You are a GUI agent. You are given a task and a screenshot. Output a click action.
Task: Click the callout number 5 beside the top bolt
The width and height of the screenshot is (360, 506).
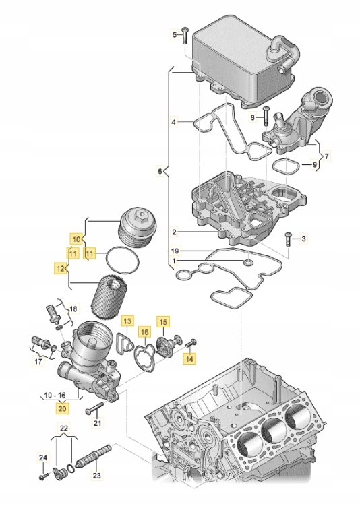[x=174, y=34]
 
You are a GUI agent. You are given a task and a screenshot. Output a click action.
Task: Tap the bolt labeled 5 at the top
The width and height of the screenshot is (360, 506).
[x=185, y=33]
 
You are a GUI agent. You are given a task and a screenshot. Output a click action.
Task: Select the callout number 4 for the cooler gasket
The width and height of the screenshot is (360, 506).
[x=173, y=123]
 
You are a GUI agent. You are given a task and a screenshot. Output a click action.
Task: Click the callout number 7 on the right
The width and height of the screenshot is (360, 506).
[x=327, y=156]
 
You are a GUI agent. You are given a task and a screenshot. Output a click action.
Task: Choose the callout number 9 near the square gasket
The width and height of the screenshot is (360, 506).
[x=314, y=165]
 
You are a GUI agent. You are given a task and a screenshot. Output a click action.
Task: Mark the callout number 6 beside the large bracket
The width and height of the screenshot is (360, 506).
[x=160, y=172]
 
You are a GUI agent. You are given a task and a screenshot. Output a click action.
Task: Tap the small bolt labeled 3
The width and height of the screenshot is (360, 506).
[x=289, y=238]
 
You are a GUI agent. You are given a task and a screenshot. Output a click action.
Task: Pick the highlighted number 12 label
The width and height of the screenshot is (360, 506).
[x=60, y=268]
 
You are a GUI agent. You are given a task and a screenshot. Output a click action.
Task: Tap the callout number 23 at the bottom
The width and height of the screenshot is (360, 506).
[x=96, y=475]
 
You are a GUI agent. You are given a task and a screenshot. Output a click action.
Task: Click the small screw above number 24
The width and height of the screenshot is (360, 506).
[x=42, y=475]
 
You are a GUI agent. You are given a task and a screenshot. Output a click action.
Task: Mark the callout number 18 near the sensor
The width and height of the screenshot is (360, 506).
[x=73, y=309]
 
